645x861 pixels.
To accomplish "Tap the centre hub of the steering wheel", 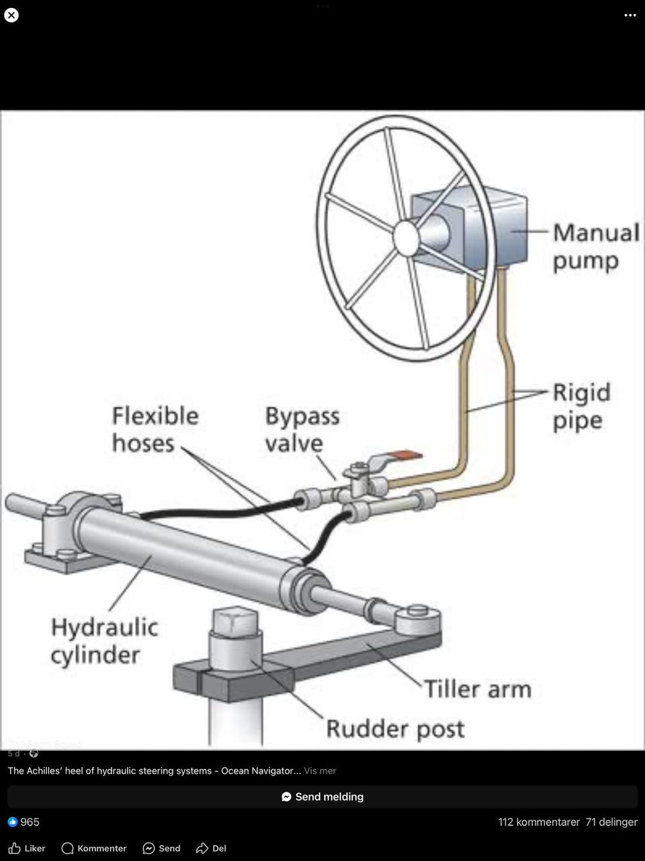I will click(406, 238).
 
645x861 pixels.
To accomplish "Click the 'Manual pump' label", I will click(595, 247).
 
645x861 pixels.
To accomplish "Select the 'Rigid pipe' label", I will click(581, 406).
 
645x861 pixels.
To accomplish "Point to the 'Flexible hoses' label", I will click(155, 429).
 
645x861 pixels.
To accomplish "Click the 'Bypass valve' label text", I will click(302, 429).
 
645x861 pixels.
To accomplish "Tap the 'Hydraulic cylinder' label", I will click(104, 640).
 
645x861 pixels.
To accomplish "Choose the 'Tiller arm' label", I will click(477, 689).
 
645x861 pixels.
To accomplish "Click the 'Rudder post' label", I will click(395, 728).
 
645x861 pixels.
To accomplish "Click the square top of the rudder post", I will click(234, 620).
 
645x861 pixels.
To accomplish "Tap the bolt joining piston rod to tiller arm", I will click(418, 611).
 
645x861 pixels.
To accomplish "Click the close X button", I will click(11, 15).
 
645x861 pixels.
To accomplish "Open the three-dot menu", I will click(630, 15).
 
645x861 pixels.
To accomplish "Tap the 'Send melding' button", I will click(322, 796).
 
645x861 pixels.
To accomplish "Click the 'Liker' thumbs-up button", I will click(27, 848).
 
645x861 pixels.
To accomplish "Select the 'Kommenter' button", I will click(94, 848).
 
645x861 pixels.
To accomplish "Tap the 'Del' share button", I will click(211, 848).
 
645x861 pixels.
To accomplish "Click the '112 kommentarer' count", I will click(539, 822).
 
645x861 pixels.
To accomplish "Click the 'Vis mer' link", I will click(320, 771).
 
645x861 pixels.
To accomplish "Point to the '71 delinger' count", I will click(611, 822).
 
